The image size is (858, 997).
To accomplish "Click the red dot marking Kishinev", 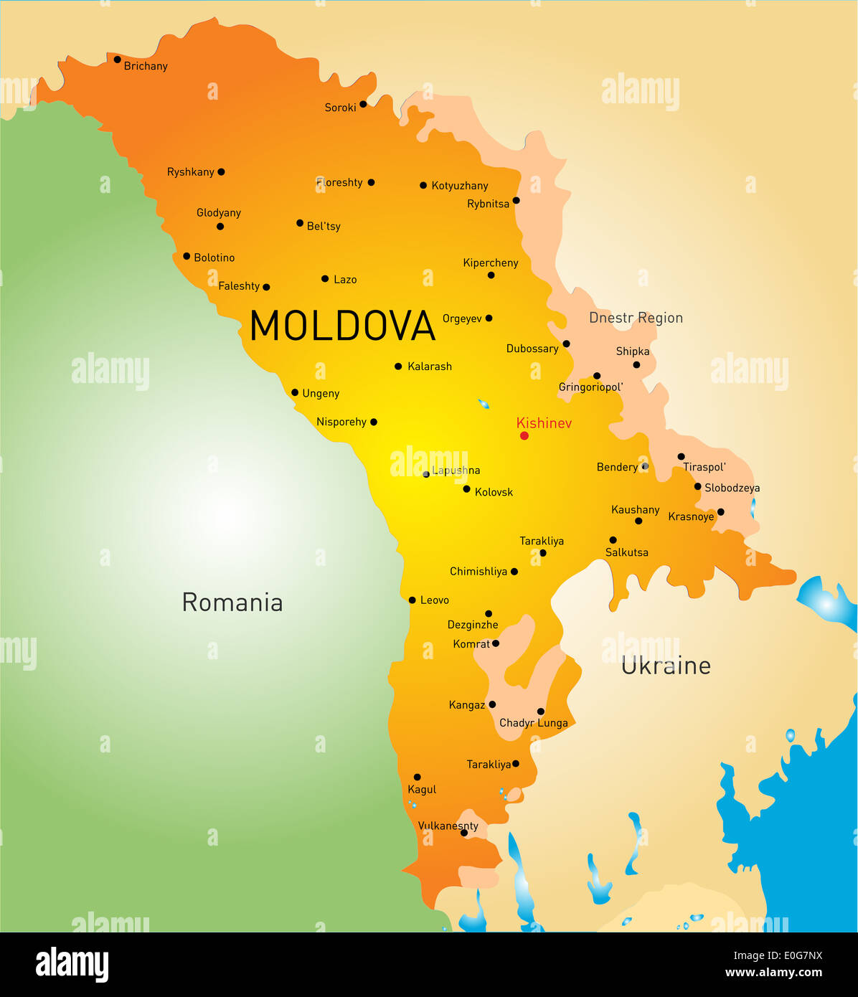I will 524,435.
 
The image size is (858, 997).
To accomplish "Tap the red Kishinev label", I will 544,423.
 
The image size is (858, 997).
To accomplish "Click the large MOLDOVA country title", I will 342,326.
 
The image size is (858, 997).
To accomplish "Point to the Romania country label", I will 232,603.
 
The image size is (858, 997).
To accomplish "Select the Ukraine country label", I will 666,666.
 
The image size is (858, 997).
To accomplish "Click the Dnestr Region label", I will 636,318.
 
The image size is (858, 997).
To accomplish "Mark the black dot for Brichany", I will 117,60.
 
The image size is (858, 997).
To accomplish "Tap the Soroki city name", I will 340,108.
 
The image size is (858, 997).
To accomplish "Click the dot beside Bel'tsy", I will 300,223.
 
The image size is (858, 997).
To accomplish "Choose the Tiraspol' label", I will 704,467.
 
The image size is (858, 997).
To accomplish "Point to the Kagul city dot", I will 417,777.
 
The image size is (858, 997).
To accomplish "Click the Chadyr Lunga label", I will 533,723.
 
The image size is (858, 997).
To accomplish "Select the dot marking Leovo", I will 412,600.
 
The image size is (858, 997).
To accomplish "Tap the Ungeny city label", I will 321,393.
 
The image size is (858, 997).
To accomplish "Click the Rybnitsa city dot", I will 516,200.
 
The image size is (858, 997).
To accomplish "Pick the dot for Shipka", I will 636,365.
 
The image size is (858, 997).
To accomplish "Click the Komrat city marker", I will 496,643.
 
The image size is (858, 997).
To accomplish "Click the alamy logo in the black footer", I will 72,964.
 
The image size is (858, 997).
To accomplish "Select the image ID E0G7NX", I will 778,955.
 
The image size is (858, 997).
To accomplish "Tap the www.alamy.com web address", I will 773,973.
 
